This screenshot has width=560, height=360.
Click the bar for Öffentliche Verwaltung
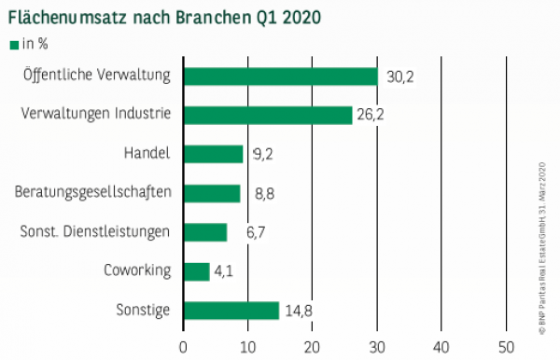tap(280, 76)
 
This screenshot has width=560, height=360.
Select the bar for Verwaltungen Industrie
tap(267, 115)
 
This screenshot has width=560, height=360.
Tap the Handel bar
tap(213, 154)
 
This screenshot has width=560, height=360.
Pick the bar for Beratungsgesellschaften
tap(212, 193)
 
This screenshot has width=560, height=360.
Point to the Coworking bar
tap(196, 271)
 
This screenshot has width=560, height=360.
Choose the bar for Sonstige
tap(231, 311)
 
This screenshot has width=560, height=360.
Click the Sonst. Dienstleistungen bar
tap(204, 232)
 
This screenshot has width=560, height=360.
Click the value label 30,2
tap(400, 76)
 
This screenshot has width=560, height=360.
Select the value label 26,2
tap(373, 116)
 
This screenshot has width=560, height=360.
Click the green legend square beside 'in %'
tap(13, 43)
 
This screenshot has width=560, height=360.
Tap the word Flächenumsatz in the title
tap(70, 16)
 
